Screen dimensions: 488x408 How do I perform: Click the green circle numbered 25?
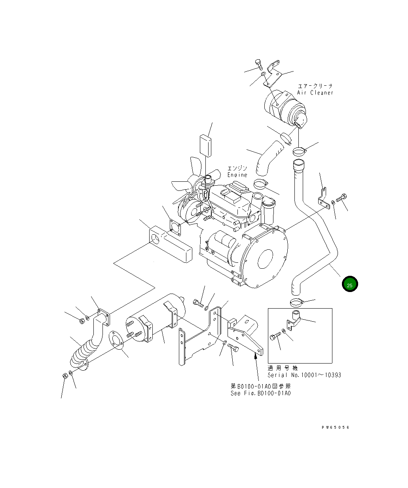[x=350, y=284]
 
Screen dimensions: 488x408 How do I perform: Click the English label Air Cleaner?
[x=315, y=93]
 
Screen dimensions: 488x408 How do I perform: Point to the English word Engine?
[x=237, y=175]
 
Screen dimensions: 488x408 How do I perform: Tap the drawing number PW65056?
[x=336, y=427]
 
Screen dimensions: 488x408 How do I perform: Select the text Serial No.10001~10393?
[x=304, y=375]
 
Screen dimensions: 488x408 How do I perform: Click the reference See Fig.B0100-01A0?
[x=261, y=393]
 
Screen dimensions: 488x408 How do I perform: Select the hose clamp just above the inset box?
[x=296, y=303]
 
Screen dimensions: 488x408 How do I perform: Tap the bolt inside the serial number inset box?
[x=275, y=337]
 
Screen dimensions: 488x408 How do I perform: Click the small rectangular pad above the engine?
[x=205, y=145]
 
